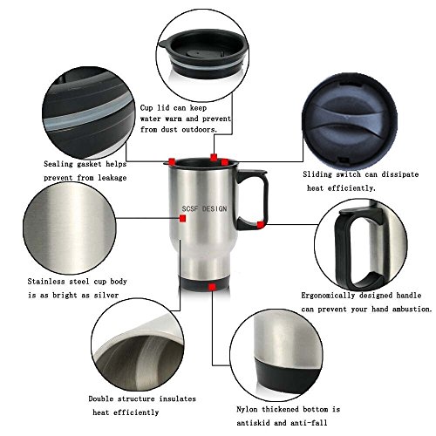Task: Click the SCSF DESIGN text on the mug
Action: click(204, 208)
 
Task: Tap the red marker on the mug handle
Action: click(261, 224)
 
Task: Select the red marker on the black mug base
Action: click(212, 287)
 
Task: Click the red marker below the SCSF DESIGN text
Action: click(182, 218)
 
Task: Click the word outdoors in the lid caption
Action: click(200, 129)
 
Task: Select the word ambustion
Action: click(412, 309)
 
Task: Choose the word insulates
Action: click(177, 399)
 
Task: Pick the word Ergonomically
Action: click(328, 296)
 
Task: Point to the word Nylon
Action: click(247, 410)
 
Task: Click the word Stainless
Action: click(46, 282)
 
